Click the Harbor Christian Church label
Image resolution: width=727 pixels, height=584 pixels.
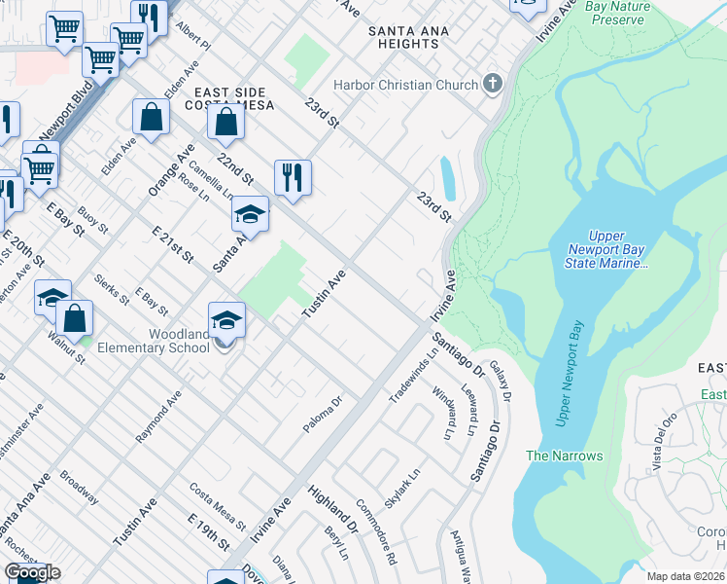405,85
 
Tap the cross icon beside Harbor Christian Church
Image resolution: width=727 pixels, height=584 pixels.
492,85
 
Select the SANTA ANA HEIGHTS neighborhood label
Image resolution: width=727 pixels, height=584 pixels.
409,37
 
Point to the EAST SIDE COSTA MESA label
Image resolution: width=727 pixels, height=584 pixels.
225,99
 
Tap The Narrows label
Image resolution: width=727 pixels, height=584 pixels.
564,456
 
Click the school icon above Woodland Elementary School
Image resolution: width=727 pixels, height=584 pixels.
226,320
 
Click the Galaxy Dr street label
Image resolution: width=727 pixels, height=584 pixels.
501,380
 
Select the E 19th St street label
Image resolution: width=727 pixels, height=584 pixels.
209,530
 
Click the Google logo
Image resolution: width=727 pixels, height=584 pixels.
33,572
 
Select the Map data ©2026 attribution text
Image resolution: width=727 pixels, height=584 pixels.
685,576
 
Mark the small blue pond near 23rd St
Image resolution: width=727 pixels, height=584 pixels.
447,178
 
